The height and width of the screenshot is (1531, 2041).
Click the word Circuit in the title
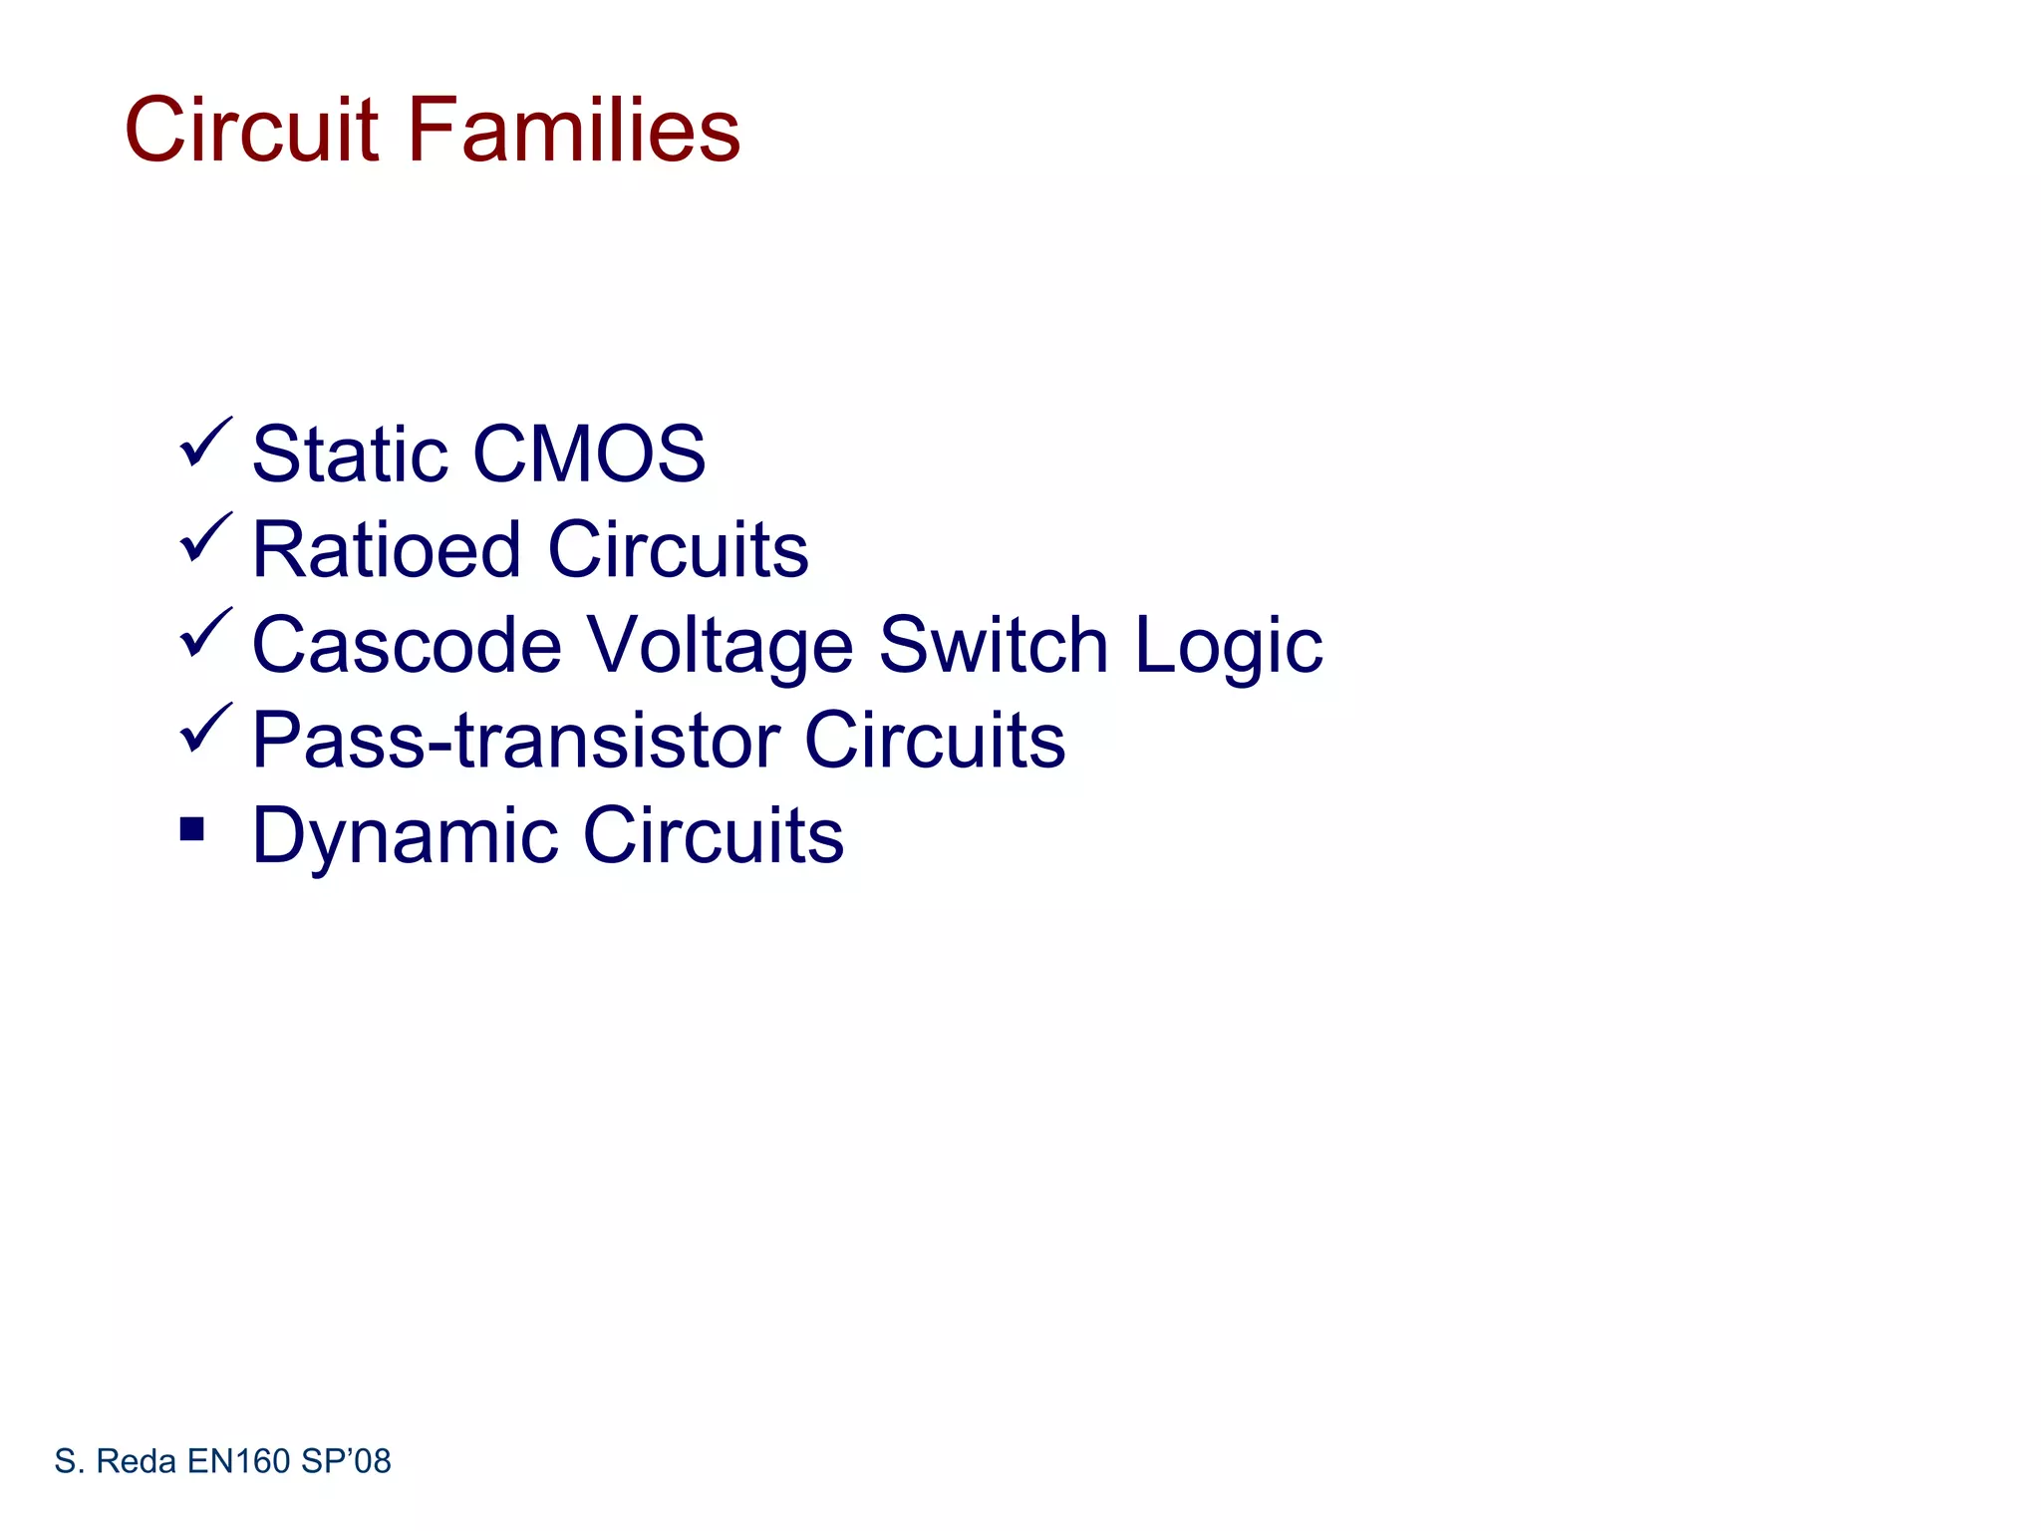(251, 130)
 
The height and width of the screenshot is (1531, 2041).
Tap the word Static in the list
(350, 455)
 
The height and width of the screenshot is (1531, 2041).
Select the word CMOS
(589, 455)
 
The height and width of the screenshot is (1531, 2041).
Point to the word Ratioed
(387, 549)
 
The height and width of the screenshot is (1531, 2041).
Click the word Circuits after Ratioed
(679, 549)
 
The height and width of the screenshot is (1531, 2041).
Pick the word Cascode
(407, 645)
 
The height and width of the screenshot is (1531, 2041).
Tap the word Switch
(993, 645)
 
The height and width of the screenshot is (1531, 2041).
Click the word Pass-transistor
(514, 741)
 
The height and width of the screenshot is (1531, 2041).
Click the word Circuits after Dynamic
(714, 835)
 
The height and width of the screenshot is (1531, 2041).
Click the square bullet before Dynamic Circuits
(192, 828)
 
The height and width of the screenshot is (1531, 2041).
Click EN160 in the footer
(238, 1461)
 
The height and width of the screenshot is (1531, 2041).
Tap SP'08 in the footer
(346, 1461)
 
